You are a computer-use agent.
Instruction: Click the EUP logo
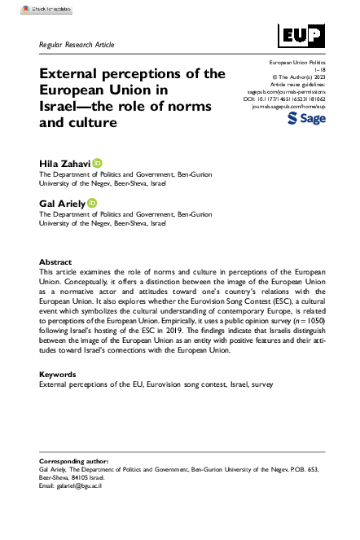(x=301, y=35)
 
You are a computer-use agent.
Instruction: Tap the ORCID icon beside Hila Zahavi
(x=98, y=163)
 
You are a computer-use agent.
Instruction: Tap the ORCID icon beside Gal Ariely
(x=92, y=202)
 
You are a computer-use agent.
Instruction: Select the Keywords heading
(x=59, y=373)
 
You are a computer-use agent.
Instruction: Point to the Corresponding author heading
(x=79, y=461)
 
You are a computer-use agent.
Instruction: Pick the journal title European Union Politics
(x=292, y=62)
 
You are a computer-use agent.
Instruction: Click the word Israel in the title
(x=63, y=107)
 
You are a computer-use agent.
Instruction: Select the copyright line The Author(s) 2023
(x=295, y=77)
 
